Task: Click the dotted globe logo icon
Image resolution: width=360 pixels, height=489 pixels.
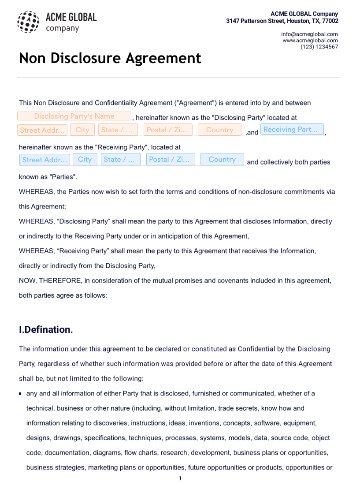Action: (x=28, y=22)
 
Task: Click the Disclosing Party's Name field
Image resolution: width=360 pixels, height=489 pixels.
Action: (x=74, y=116)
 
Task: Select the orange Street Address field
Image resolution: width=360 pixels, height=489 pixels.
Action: (x=43, y=130)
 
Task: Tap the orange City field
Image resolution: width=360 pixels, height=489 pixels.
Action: (x=82, y=130)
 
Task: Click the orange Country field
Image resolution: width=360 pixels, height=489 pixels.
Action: (x=219, y=130)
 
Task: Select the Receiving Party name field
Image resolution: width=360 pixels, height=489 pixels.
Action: (x=292, y=130)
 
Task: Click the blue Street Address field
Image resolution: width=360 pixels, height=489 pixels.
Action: (x=45, y=160)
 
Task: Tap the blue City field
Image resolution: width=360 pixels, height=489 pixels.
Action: (x=85, y=159)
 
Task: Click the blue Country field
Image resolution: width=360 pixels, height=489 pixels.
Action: (x=222, y=159)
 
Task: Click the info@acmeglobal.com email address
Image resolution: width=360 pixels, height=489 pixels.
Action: (x=309, y=34)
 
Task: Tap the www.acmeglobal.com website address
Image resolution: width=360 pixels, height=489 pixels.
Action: (x=310, y=41)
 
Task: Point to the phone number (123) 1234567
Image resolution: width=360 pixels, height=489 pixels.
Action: (x=319, y=47)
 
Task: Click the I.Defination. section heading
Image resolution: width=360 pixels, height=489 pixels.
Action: (x=46, y=330)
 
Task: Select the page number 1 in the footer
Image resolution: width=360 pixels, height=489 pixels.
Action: (x=180, y=478)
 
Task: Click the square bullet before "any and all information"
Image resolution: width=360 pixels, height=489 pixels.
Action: (x=20, y=393)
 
